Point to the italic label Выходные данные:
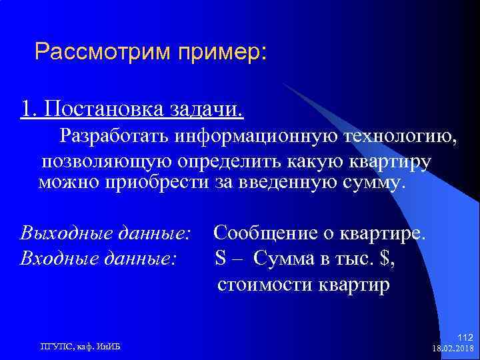pos(106,234)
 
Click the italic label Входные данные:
pos(99,257)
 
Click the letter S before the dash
pos(220,257)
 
